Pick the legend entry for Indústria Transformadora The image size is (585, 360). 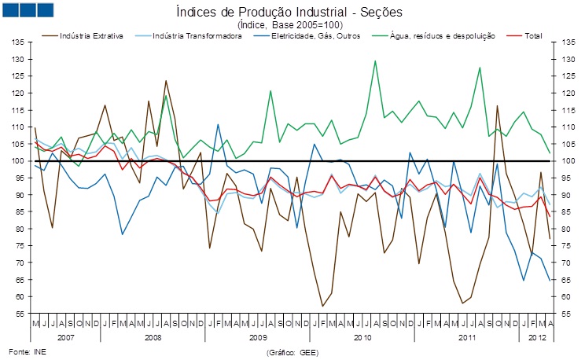click(197, 36)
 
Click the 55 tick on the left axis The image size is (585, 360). click(17, 314)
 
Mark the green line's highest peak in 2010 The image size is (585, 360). click(375, 61)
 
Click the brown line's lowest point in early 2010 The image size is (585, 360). click(322, 306)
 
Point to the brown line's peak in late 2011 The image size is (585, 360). click(497, 105)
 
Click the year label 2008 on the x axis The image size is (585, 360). click(153, 336)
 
